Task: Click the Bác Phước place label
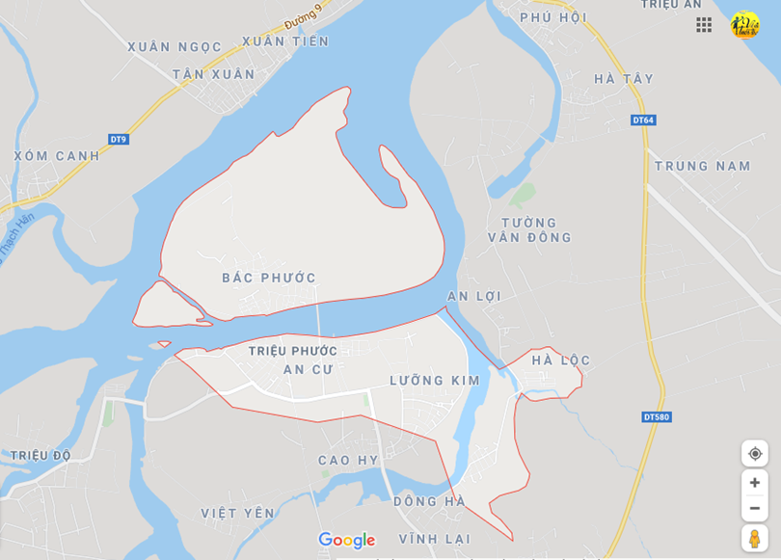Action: [269, 278]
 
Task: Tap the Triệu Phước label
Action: [293, 350]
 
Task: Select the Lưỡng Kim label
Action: [435, 381]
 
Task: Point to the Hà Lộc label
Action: [561, 360]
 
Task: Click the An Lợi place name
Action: [474, 296]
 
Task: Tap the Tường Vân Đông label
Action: [529, 229]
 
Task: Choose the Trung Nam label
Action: [703, 166]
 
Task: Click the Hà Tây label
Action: [624, 79]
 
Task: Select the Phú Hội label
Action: [553, 17]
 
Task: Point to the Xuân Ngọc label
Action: [175, 46]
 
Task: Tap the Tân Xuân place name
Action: [214, 74]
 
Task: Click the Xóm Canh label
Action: [57, 155]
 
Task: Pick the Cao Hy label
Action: [348, 460]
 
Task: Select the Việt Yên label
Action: [238, 513]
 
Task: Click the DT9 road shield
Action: [118, 139]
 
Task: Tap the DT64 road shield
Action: [643, 120]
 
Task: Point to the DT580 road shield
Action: [656, 416]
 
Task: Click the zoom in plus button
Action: [755, 482]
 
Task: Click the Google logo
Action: [346, 541]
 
